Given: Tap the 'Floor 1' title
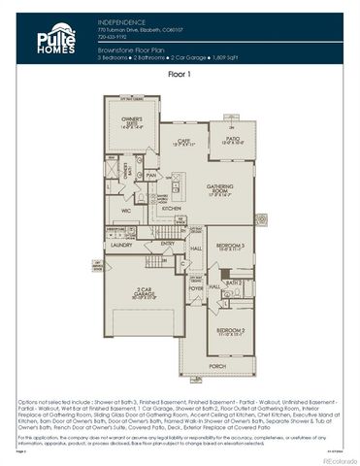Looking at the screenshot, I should [180, 73].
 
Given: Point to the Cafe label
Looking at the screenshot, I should [181, 142].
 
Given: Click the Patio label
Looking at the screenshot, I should [233, 141].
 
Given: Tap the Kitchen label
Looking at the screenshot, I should [171, 208].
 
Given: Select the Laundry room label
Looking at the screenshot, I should [120, 246].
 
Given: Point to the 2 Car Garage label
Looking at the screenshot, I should [144, 292].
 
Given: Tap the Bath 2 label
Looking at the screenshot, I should [233, 283].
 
